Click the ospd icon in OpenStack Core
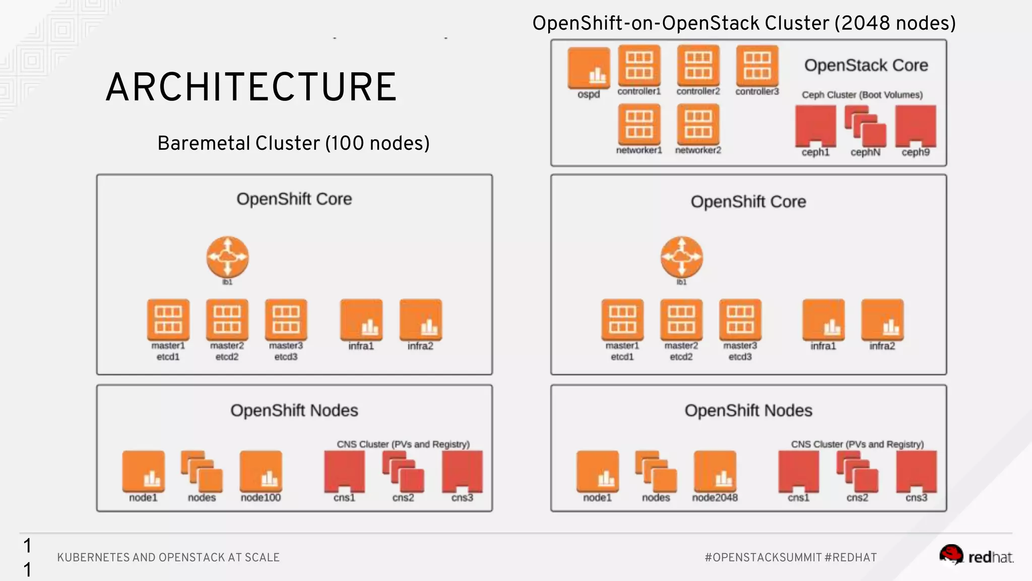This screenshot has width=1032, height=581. (x=589, y=68)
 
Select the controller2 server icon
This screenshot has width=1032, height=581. (x=698, y=66)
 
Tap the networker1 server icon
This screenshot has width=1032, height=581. (x=639, y=124)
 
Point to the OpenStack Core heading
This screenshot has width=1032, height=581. (x=866, y=65)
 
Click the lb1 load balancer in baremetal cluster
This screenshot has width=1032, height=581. (x=227, y=257)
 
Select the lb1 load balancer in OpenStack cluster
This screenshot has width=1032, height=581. (x=681, y=257)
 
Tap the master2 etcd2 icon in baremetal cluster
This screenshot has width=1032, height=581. (x=227, y=320)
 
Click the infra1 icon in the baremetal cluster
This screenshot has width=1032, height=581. (x=361, y=320)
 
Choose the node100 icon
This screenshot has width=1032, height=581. (x=261, y=471)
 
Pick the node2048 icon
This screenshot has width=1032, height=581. (x=715, y=471)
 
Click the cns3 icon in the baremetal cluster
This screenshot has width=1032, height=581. (x=462, y=471)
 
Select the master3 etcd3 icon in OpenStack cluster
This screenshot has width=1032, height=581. (x=740, y=320)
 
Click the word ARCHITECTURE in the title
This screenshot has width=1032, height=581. (x=251, y=87)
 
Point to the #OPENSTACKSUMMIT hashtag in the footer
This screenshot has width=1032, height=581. (x=763, y=557)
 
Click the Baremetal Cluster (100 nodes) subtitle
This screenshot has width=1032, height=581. (x=293, y=143)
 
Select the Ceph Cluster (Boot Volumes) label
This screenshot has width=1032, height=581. (x=862, y=95)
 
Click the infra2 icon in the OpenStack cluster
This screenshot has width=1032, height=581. (x=882, y=320)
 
